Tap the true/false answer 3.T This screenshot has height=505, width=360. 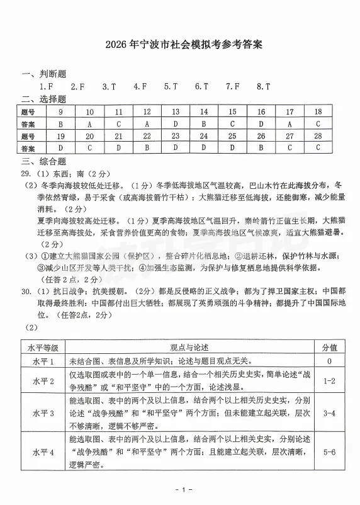tap(109, 87)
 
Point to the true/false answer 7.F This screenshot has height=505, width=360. tap(232, 87)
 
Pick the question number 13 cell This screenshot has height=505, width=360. tap(176, 111)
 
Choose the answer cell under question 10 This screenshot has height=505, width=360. tap(89, 123)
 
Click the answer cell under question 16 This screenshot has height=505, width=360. tap(261, 123)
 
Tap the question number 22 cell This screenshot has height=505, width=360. tap(147, 135)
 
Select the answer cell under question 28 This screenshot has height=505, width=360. tap(318, 147)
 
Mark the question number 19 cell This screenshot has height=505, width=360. tap(61, 135)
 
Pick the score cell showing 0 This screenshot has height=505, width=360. tap(329, 361)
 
